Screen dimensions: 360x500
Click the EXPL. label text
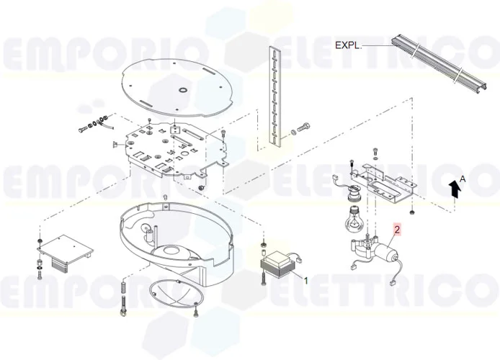point(347,45)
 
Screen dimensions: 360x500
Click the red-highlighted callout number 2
point(396,231)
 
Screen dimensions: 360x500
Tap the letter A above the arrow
point(463,177)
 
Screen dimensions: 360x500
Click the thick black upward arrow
point(454,189)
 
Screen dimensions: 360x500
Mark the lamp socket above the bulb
point(354,193)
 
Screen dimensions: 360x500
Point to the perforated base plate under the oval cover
point(173,148)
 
